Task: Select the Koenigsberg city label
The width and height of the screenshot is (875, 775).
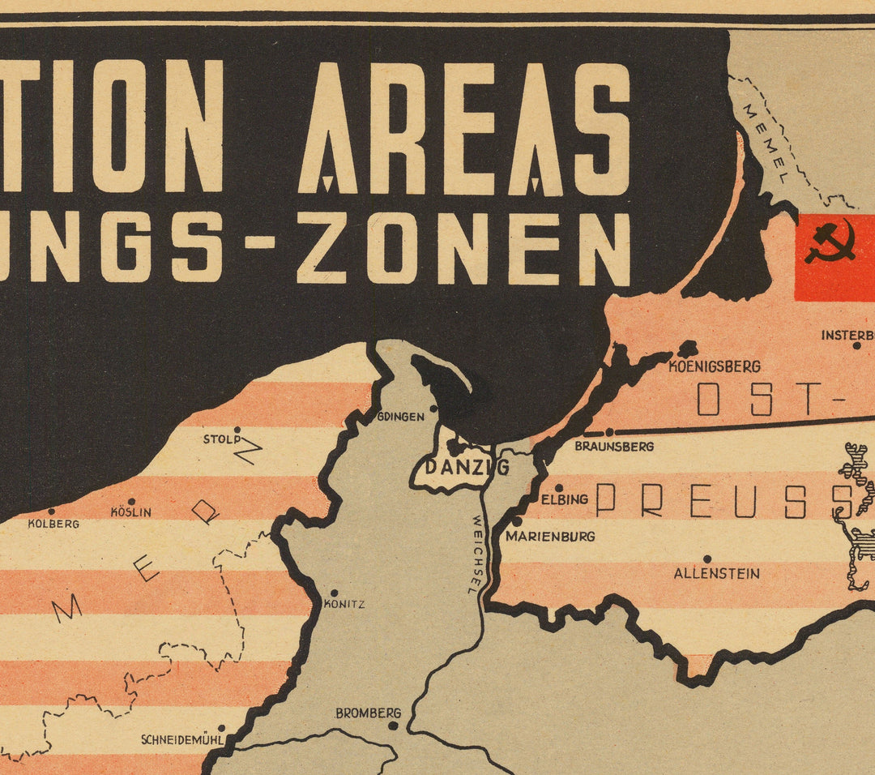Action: [715, 366]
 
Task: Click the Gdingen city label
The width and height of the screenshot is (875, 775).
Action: [401, 417]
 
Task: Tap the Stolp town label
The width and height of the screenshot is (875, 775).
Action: [222, 440]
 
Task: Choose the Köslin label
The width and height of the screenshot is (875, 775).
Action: [130, 512]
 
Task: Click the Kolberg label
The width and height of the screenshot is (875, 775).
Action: [53, 524]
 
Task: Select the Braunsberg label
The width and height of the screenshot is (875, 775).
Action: [614, 446]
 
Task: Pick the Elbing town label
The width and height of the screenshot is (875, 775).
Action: [565, 499]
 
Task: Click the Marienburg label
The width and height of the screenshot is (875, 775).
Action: [550, 536]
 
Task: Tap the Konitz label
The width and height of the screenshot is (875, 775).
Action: [344, 604]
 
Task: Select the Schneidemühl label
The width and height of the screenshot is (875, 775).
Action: [181, 739]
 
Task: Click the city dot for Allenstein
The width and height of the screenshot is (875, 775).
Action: [706, 559]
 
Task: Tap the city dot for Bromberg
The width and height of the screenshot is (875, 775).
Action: [393, 726]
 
